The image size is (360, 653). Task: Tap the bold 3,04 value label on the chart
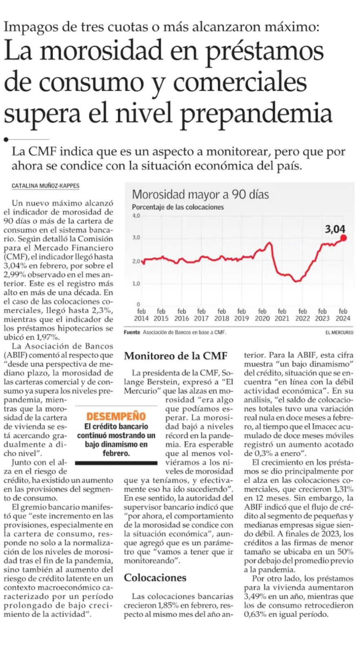[x=335, y=229]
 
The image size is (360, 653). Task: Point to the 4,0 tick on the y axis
[x=136, y=216]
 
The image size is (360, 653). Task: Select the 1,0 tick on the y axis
[x=136, y=284]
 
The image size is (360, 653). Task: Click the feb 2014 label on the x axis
[x=141, y=315]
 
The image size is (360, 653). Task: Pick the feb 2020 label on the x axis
[x=262, y=315]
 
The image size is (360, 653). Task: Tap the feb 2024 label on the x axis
[x=343, y=315]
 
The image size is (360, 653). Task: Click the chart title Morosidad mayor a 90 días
[x=200, y=194]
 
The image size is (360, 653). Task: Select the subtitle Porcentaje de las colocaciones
[x=178, y=207]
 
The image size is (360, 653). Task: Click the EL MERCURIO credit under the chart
[x=339, y=332]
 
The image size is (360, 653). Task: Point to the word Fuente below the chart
[x=132, y=332]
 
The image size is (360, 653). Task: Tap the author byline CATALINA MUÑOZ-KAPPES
[x=45, y=186]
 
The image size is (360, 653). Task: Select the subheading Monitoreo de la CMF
[x=176, y=356]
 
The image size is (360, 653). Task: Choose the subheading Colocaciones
[x=155, y=577]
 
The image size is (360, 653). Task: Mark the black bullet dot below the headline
[x=6, y=140]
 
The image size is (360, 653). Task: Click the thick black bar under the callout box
[x=116, y=463]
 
